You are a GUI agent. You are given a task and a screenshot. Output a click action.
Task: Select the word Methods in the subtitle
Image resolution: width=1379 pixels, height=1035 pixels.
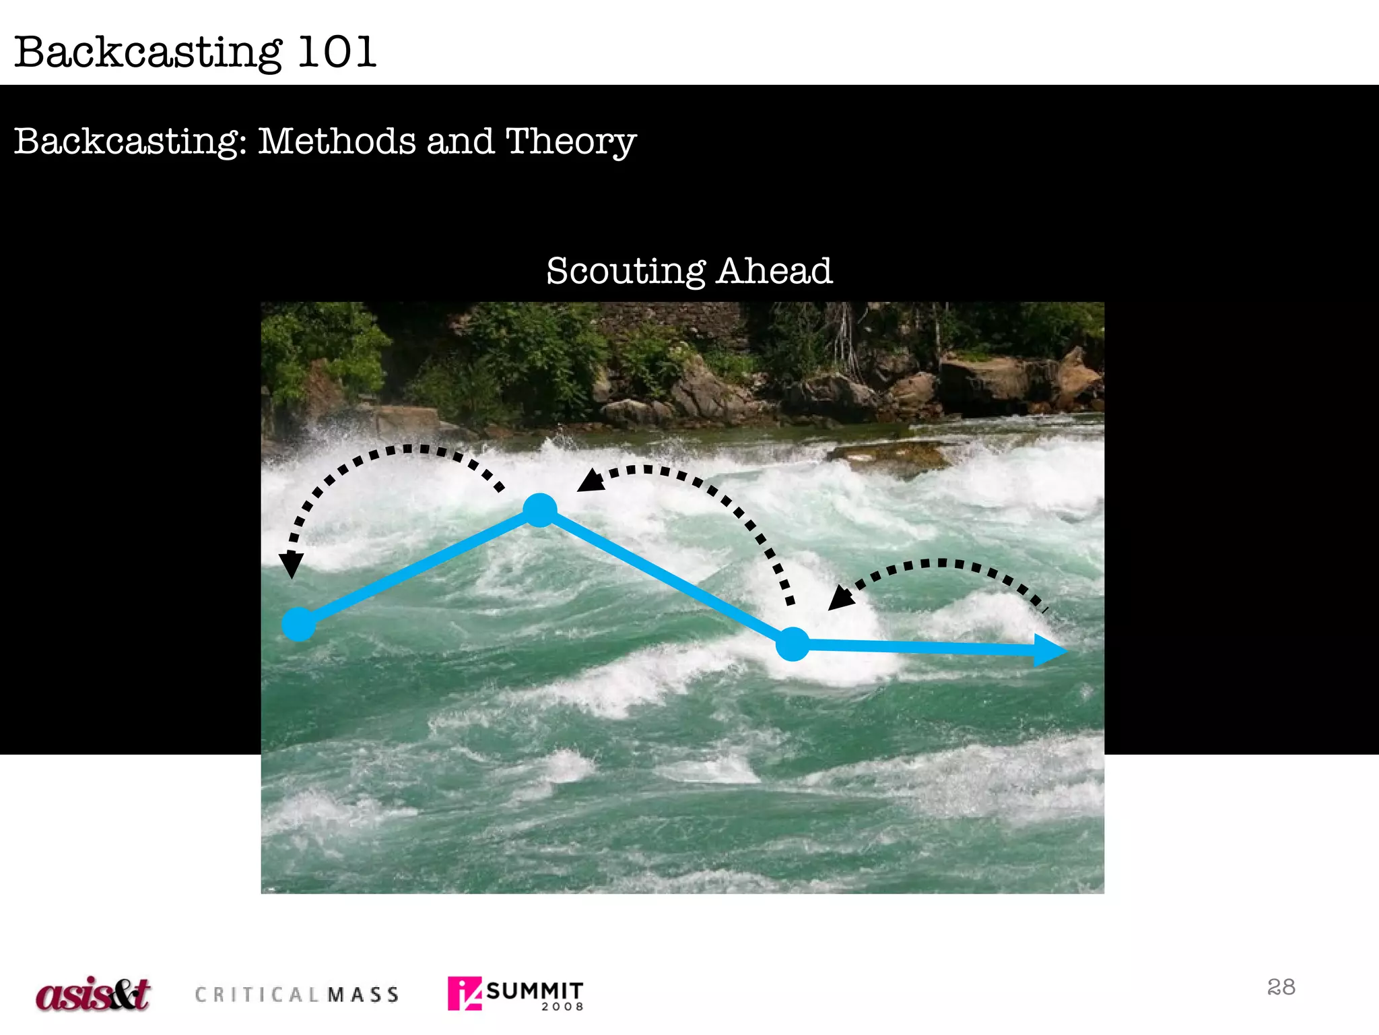(337, 141)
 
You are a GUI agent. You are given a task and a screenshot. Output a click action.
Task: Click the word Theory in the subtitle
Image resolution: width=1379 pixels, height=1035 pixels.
(570, 142)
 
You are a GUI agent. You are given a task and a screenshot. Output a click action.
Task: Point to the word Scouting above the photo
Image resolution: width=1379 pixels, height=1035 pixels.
(626, 272)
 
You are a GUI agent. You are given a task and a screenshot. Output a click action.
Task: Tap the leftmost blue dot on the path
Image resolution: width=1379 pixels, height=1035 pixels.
(298, 624)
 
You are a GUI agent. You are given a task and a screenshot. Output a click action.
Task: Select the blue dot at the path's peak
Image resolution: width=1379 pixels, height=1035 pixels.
(540, 510)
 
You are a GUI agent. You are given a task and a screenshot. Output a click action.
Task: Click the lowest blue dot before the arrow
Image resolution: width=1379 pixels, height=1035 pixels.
(793, 644)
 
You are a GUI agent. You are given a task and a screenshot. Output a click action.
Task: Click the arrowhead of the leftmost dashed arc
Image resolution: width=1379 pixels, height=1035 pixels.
(291, 563)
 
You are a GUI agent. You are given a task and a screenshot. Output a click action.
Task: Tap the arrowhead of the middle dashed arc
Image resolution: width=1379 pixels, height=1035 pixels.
(591, 480)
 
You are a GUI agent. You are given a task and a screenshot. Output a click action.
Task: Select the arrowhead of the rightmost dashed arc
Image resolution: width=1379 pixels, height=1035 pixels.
(840, 598)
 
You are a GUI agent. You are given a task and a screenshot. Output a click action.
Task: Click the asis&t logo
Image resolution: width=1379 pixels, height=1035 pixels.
(93, 995)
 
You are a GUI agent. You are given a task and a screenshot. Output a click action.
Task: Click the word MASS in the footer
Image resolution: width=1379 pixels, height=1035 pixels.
(364, 995)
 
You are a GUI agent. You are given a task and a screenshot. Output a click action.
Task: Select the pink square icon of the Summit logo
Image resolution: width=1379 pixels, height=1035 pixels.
(465, 993)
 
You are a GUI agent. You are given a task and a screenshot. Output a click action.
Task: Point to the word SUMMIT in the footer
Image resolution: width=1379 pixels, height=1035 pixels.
(535, 991)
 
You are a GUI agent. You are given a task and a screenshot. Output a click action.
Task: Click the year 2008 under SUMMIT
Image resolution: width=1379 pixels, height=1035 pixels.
(562, 1007)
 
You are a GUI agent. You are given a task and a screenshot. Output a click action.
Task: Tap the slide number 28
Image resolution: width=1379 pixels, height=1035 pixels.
(1281, 987)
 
